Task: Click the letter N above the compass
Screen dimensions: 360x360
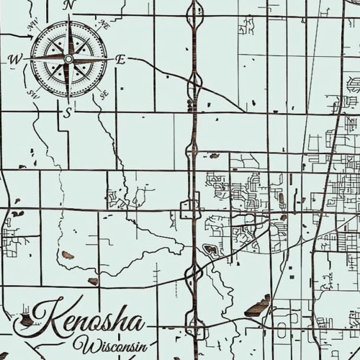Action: coord(69,5)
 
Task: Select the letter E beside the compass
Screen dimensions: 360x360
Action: coord(120,59)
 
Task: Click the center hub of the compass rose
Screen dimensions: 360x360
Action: coord(68,59)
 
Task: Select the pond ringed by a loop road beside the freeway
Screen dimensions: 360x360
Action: coord(210,250)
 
